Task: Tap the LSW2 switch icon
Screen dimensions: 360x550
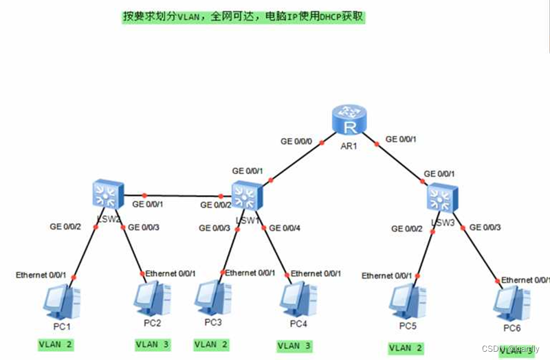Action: (108, 195)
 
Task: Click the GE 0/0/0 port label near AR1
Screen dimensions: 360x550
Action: (296, 141)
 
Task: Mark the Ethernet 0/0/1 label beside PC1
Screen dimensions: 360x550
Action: (41, 275)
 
